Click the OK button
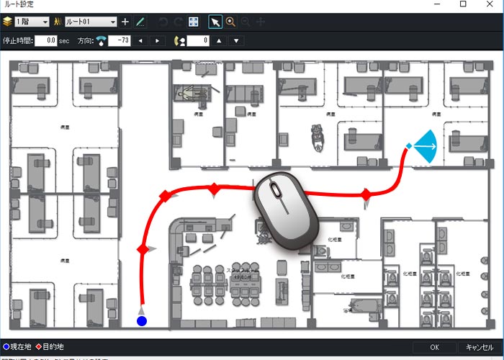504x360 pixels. click(x=434, y=347)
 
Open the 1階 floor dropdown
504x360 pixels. click(x=31, y=22)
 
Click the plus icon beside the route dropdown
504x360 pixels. click(x=125, y=22)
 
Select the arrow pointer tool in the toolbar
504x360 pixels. click(x=215, y=22)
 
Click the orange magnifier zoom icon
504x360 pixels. click(x=230, y=22)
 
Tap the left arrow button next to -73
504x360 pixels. click(x=140, y=40)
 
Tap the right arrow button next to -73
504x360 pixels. click(x=158, y=40)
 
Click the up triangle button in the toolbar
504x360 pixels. click(x=220, y=40)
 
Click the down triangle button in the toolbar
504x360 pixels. click(x=236, y=40)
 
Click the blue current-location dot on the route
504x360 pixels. click(x=142, y=320)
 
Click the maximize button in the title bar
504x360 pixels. click(x=462, y=5)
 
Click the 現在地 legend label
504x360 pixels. click(x=20, y=346)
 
